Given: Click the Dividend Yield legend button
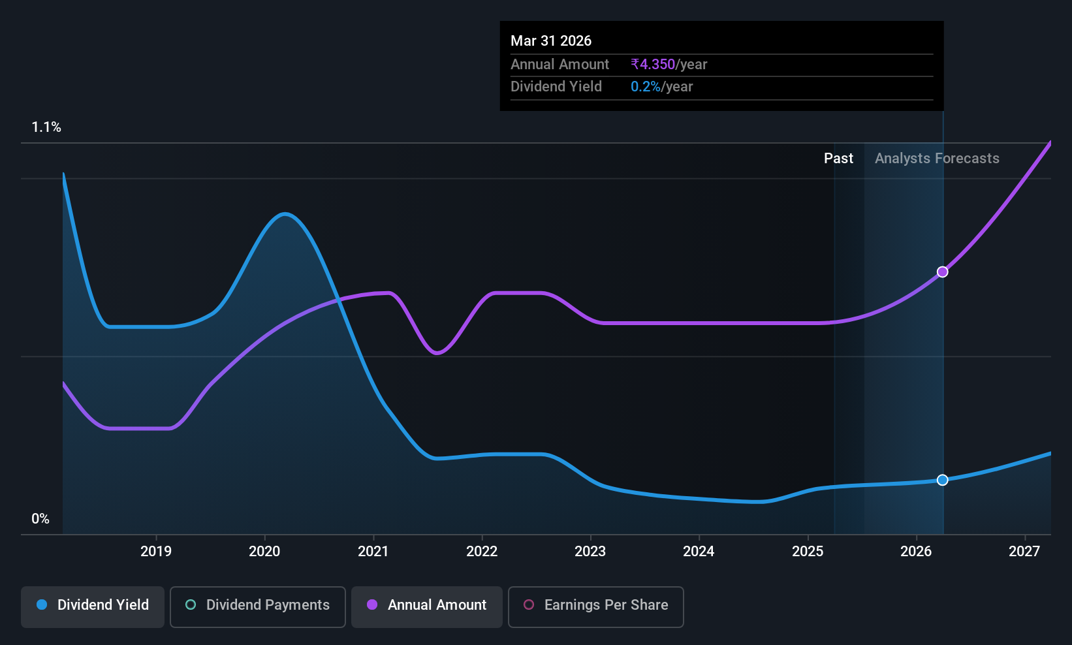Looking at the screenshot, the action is point(92,606).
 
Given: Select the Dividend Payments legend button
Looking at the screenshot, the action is point(257,606).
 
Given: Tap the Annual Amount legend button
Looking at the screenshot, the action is point(426,606).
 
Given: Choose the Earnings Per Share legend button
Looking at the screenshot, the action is point(596,606).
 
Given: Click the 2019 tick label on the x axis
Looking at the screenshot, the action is point(156,551).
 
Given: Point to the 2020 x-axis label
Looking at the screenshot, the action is point(264,551).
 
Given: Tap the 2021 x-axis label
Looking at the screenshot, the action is point(373,551).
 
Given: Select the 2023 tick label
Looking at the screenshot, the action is point(590,551).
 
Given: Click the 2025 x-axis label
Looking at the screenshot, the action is point(808,551).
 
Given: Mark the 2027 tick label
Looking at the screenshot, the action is point(1024,551).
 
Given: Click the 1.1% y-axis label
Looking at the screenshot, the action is point(46,127).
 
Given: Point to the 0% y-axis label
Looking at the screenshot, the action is point(40,519).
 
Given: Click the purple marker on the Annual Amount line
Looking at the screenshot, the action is point(942,272).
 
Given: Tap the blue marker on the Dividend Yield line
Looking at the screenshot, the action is point(942,480).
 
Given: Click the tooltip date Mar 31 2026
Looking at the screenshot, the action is point(551,40).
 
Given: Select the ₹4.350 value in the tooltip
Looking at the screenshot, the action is point(653,64).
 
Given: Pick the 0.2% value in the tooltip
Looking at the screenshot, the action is point(646,87).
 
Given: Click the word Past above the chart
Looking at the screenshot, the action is point(838,159).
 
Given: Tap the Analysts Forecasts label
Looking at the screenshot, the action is point(937,159).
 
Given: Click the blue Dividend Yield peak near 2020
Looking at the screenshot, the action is point(285,213).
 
